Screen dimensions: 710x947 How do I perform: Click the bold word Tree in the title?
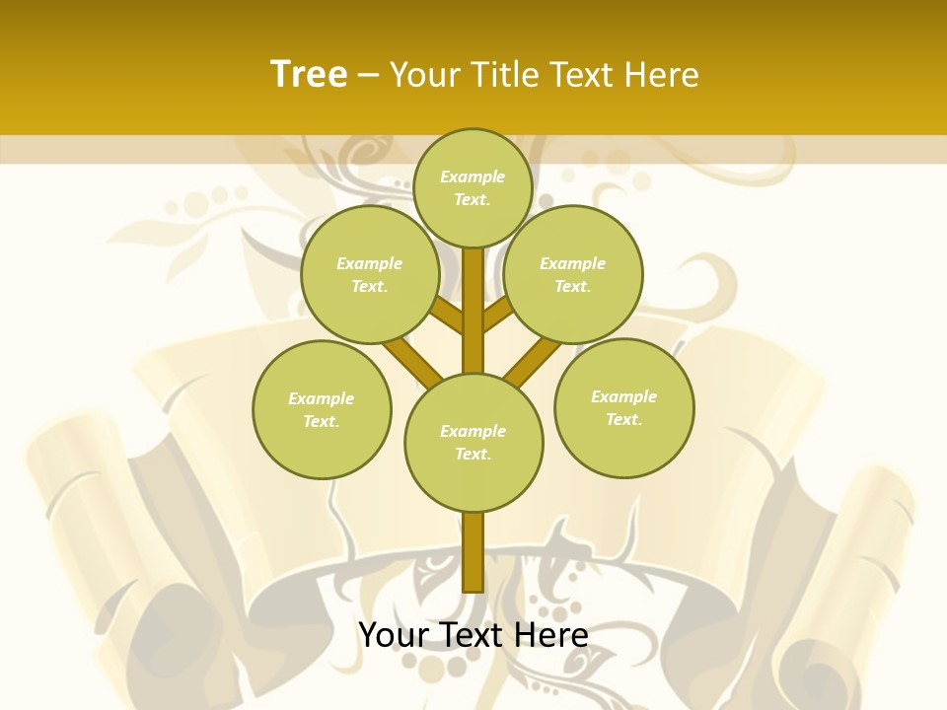point(309,75)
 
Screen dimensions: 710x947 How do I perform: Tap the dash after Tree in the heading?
point(368,76)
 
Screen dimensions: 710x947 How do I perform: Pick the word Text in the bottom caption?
point(475,635)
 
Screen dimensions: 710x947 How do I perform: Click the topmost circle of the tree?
point(473,187)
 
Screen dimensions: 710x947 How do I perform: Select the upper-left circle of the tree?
point(369,274)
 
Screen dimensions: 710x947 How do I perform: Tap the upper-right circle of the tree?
point(572,274)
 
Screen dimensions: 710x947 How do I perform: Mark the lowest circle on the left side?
point(322,409)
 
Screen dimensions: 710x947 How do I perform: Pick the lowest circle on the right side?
point(623,407)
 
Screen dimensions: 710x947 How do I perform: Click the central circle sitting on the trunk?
point(473,442)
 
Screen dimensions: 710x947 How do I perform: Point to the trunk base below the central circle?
point(473,552)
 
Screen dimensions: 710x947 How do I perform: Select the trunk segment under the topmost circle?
point(473,296)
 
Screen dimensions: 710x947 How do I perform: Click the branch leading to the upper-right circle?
point(498,316)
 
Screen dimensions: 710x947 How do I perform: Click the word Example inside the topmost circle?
point(473,177)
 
